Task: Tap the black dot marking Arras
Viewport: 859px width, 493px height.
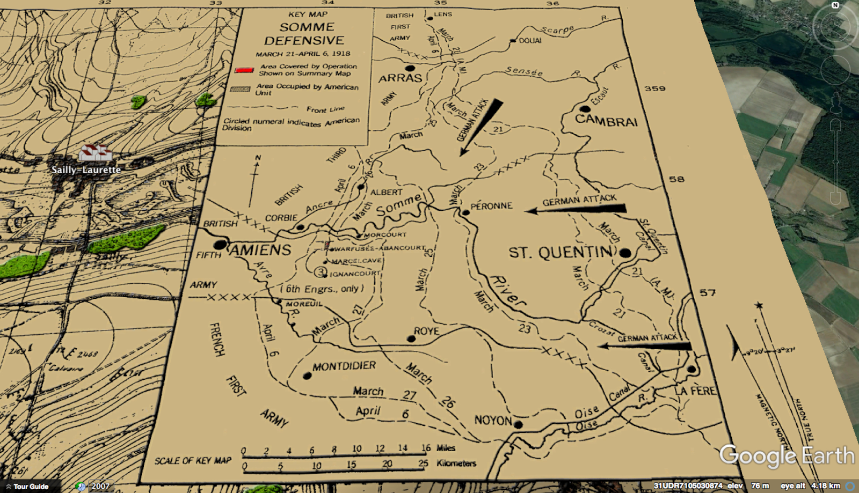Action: [x=410, y=69]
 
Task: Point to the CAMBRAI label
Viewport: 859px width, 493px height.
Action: [x=606, y=121]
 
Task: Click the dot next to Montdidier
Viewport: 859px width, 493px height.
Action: [x=307, y=376]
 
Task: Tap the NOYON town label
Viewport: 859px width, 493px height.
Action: [x=493, y=420]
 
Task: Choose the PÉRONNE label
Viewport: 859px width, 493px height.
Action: [x=491, y=206]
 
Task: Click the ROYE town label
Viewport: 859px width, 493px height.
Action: [x=426, y=331]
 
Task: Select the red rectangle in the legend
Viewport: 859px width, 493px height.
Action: [x=244, y=70]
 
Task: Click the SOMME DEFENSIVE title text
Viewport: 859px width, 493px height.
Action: [x=304, y=33]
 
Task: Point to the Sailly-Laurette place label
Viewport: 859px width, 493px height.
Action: [x=86, y=170]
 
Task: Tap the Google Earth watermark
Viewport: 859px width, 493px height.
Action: [x=787, y=455]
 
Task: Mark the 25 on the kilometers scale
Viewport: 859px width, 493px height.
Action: [x=423, y=463]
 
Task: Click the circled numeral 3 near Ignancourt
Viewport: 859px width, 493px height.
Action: [x=321, y=272]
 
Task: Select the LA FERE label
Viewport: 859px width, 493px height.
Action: [x=695, y=391]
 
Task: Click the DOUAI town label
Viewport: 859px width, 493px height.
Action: [x=530, y=41]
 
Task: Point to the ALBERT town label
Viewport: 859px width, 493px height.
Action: [x=386, y=192]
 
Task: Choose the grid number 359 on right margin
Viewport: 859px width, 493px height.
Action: [x=655, y=89]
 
